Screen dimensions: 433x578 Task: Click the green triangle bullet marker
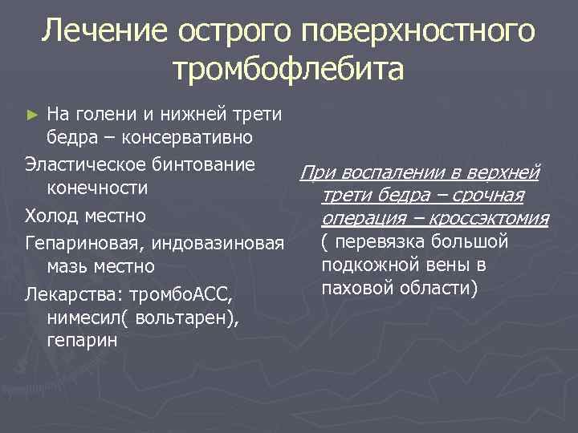[31, 115]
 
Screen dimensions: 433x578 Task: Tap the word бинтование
[208, 165]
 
